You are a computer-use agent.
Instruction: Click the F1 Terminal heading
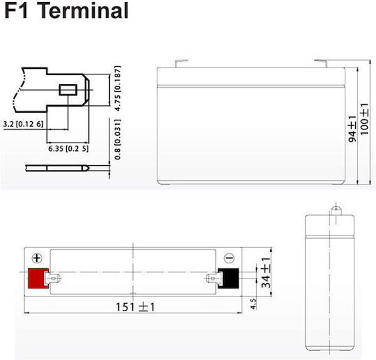click(67, 10)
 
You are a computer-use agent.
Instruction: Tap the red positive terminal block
click(38, 279)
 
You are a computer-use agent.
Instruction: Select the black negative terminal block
click(229, 279)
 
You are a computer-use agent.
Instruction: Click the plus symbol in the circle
click(37, 258)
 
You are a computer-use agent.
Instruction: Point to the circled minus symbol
click(229, 258)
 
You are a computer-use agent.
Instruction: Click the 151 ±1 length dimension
click(135, 307)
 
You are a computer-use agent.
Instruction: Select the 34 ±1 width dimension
click(266, 272)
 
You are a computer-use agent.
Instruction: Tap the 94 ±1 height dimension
click(352, 129)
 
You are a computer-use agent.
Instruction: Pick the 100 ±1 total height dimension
click(364, 119)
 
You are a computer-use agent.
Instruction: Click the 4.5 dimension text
click(253, 304)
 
